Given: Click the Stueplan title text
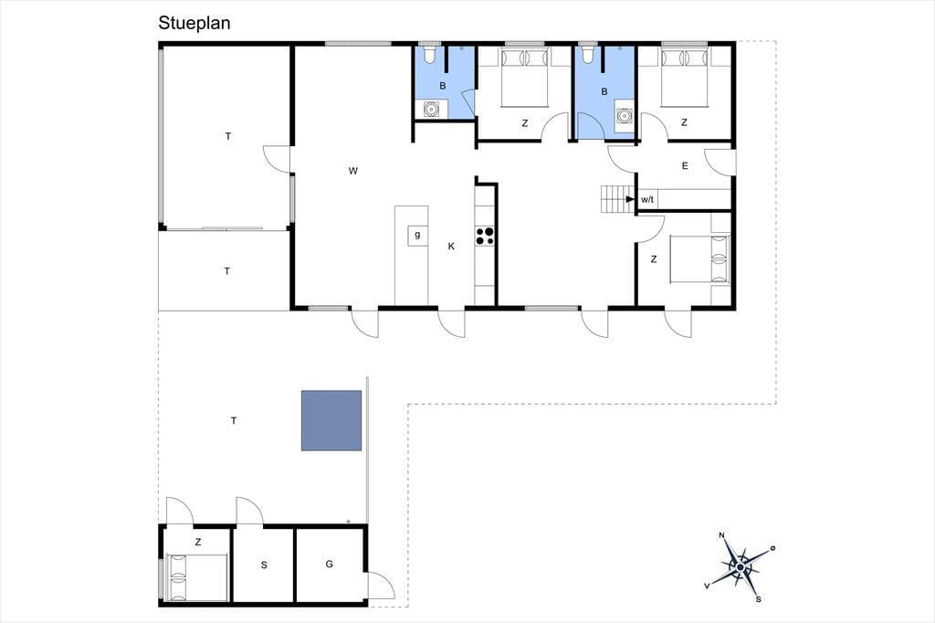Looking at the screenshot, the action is (194, 23).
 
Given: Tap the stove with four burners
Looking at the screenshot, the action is (485, 236).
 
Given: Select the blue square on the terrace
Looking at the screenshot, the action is (331, 420).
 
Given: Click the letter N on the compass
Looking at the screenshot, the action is (721, 535).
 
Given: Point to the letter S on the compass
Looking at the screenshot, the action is (758, 599).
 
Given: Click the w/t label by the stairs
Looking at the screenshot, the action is (647, 199).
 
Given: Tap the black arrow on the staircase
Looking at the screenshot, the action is (630, 199).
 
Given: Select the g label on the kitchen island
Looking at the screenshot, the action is (417, 235).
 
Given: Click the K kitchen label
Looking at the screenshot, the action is (451, 246).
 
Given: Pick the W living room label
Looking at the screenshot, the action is (353, 171).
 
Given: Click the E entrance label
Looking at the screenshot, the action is (685, 166).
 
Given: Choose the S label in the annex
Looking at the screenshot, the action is (264, 565).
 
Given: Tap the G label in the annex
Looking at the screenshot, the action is (329, 564).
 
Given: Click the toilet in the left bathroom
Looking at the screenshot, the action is (429, 55).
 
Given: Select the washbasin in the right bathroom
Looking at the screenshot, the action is (625, 114).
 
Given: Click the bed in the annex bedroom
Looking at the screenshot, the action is (197, 577).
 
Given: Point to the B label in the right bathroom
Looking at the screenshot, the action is (604, 92).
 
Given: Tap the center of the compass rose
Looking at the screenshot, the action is (740, 566).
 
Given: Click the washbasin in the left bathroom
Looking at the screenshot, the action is (431, 110).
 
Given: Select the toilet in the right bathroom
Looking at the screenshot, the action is (588, 55).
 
